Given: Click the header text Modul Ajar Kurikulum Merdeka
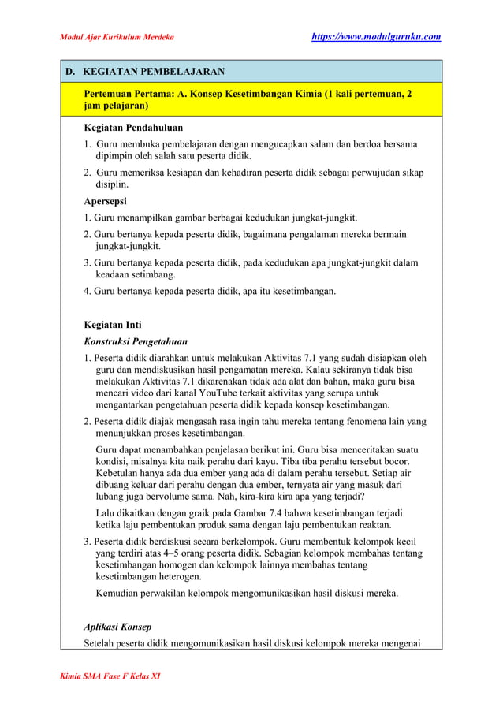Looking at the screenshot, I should click(x=117, y=37).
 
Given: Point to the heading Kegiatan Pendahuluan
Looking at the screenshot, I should click(x=133, y=127).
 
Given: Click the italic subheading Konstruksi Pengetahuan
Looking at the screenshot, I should click(x=136, y=341).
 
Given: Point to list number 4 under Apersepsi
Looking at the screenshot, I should click(x=88, y=291).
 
